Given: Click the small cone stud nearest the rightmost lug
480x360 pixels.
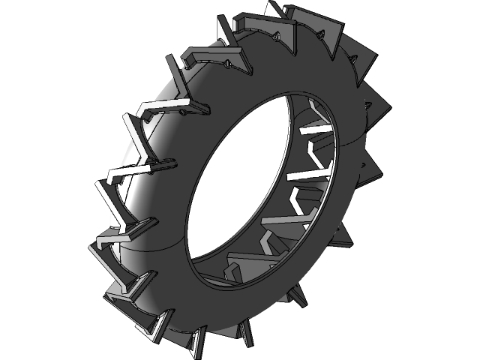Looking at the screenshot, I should click(366, 112).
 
